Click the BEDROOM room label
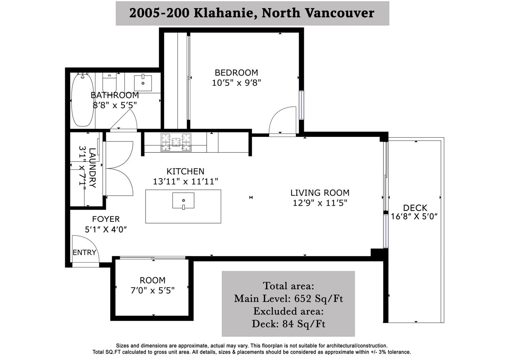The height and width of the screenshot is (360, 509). (x=236, y=73)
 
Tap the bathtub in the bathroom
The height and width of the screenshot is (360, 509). (x=82, y=99)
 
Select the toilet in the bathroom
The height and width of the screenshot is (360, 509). (x=109, y=82)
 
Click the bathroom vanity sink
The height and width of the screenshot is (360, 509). (x=143, y=83)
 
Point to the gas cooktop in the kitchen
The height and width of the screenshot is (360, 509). (x=176, y=142)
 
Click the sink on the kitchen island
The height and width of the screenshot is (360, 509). (x=183, y=200)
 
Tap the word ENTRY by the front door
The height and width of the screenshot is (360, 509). (x=84, y=253)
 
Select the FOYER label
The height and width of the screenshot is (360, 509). (x=106, y=219)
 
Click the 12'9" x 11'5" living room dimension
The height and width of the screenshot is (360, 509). (x=320, y=203)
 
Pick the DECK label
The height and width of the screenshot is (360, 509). (x=415, y=208)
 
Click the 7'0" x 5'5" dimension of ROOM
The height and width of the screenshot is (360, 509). (x=152, y=290)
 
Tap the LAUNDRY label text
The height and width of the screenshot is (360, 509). (x=92, y=168)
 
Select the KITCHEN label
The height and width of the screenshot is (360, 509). (x=185, y=171)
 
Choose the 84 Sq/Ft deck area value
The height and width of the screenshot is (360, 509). (x=304, y=324)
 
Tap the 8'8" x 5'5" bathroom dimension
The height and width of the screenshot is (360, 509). (x=115, y=105)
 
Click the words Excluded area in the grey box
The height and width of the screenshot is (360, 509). (x=288, y=311)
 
